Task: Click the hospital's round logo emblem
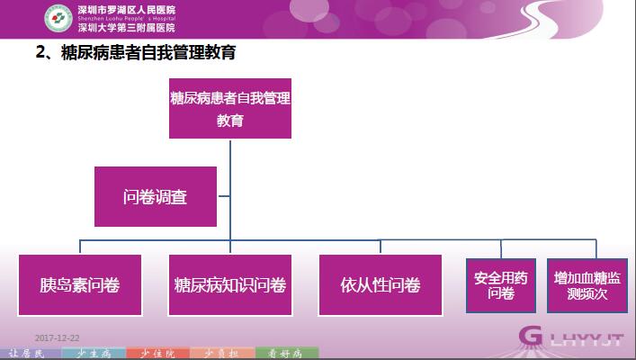58,18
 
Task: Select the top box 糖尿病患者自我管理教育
230,108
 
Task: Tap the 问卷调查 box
156,196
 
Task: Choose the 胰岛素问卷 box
80,285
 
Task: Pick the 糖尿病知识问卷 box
230,285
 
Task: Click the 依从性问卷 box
381,285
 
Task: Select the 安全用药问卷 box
501,285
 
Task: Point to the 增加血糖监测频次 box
587,285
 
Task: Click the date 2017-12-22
58,338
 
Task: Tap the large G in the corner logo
530,336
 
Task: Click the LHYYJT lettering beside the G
587,339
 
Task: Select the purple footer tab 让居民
31,354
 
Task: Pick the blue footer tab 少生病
94,354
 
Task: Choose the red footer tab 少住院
157,354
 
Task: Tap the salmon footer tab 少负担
222,354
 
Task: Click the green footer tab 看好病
287,354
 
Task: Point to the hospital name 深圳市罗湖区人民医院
127,10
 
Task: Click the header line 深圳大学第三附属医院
127,28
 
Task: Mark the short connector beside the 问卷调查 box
224,196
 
